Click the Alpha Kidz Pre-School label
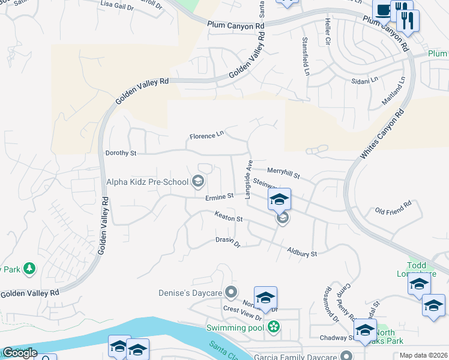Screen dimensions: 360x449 [147, 181]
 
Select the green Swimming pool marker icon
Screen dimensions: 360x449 [274, 327]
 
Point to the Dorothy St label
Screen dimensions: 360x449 [121, 153]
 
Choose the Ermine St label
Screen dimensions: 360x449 [218, 196]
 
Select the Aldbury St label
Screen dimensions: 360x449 [301, 253]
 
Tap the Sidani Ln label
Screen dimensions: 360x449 [365, 79]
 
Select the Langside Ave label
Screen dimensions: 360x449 [249, 179]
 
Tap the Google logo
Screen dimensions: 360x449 [20, 353]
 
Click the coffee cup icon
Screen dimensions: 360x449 [382, 10]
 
